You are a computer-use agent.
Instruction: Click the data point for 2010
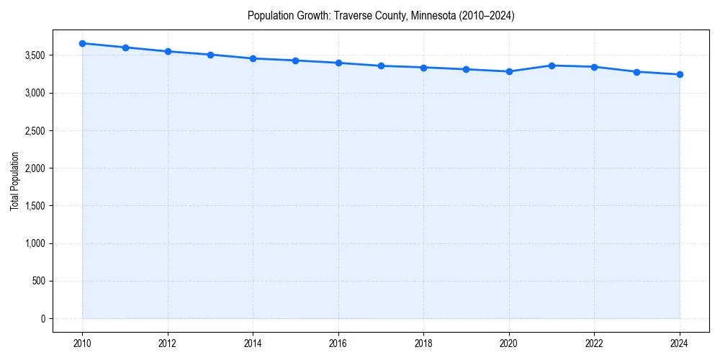(x=82, y=43)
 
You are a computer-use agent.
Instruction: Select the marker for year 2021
(x=552, y=66)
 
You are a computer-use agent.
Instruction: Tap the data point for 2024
(x=680, y=74)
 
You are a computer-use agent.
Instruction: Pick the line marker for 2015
(x=295, y=60)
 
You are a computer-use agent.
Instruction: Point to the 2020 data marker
(x=509, y=71)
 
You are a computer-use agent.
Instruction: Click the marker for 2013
(x=210, y=55)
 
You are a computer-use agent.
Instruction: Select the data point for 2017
(x=381, y=66)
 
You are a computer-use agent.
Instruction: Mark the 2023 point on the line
(x=637, y=72)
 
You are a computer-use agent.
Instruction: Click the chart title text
(x=381, y=15)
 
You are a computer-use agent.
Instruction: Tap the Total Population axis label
(x=15, y=181)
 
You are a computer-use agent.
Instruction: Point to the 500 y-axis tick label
(x=37, y=281)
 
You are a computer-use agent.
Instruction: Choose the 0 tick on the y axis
(x=42, y=318)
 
